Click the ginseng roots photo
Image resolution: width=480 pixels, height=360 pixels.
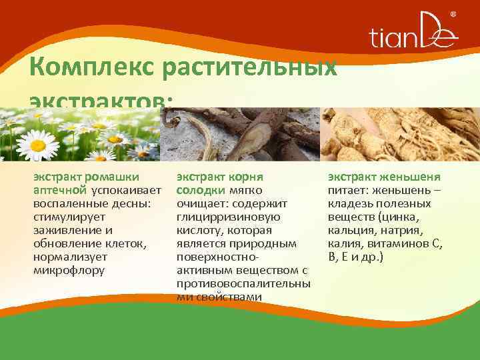pos(400,133)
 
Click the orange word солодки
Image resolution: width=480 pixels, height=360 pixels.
pos(198,190)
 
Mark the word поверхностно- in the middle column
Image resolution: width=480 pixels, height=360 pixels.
pos(217,257)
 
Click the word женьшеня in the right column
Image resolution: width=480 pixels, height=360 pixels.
pos(413,177)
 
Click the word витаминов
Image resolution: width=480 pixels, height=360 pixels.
pos(397,243)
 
